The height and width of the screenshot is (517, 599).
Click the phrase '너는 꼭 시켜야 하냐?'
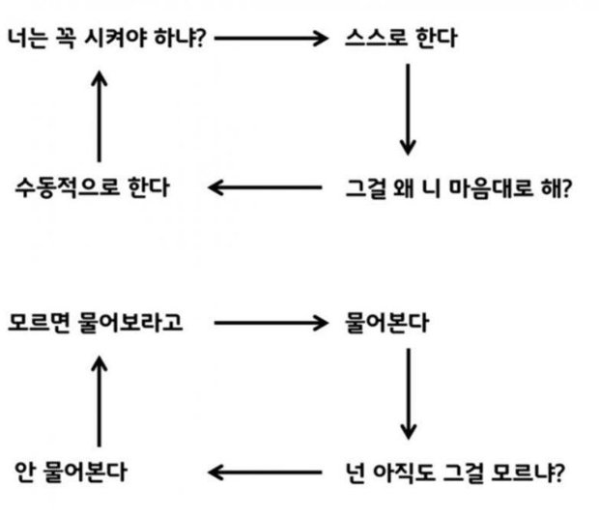click(x=107, y=38)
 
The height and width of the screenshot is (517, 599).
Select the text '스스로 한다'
click(x=401, y=38)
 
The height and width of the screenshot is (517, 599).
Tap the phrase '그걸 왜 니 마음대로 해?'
click(x=458, y=188)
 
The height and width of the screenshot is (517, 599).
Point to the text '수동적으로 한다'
click(x=93, y=187)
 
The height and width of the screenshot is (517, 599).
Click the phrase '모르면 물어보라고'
click(x=96, y=323)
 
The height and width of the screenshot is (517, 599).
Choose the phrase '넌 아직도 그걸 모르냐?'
click(x=455, y=473)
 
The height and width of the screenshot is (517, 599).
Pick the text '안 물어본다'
click(x=71, y=472)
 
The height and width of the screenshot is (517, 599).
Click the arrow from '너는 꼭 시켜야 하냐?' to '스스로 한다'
click(x=271, y=38)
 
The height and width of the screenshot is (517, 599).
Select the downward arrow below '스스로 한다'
click(x=408, y=109)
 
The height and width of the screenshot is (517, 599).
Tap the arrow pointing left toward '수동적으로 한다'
click(x=265, y=187)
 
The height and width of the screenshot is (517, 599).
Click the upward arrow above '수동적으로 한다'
click(x=100, y=116)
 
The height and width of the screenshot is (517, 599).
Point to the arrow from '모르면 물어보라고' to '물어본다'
click(x=271, y=323)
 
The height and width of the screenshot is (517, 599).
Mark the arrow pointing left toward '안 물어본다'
click(x=265, y=473)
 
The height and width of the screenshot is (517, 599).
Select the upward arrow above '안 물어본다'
click(x=100, y=401)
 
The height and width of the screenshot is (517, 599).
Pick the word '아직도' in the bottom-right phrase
click(x=404, y=473)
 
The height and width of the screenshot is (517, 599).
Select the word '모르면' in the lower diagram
click(x=39, y=323)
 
